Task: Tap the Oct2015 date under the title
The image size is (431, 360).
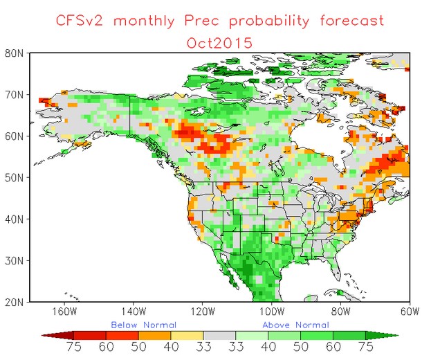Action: tap(219, 42)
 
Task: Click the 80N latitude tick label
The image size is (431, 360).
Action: tap(17, 53)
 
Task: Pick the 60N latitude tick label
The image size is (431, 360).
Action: tap(17, 136)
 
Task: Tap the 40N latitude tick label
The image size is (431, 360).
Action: tap(17, 219)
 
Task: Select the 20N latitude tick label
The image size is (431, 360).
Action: tap(17, 302)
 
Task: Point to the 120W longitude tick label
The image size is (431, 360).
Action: tap(203, 311)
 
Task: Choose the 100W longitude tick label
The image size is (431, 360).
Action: tap(272, 311)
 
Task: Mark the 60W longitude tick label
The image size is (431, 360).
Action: tap(409, 311)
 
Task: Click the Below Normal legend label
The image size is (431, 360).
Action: tap(144, 324)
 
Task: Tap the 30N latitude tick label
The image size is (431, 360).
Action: tap(17, 260)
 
